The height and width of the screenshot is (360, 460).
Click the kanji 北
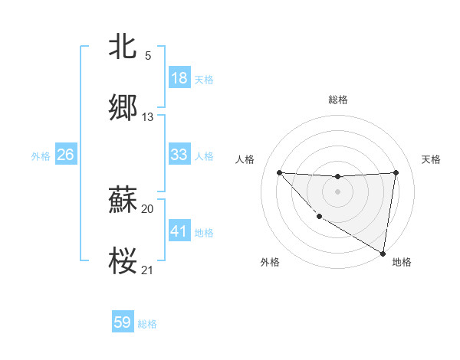pos(123,46)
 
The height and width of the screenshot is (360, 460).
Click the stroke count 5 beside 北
pos(148,55)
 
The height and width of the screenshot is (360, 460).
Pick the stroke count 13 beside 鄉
pos(148,117)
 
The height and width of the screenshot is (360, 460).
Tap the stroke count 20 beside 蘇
pos(148,209)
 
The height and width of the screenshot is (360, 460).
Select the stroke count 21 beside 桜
pos(148,270)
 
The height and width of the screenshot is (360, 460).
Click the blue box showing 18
pos(179,78)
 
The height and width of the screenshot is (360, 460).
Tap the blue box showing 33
pos(179,155)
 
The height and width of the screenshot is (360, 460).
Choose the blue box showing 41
pos(179,231)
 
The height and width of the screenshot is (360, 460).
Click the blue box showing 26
pos(65,155)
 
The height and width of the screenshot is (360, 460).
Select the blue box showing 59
pos(123,322)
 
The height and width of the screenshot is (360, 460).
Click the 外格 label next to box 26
pos(41,155)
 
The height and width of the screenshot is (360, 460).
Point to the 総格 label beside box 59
pos(147,324)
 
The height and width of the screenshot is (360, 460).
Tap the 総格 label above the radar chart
pos(338,100)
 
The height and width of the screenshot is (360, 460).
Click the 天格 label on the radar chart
pos(432,159)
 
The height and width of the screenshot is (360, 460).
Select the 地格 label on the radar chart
pos(402,263)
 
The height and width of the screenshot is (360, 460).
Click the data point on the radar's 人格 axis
pos(279,172)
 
